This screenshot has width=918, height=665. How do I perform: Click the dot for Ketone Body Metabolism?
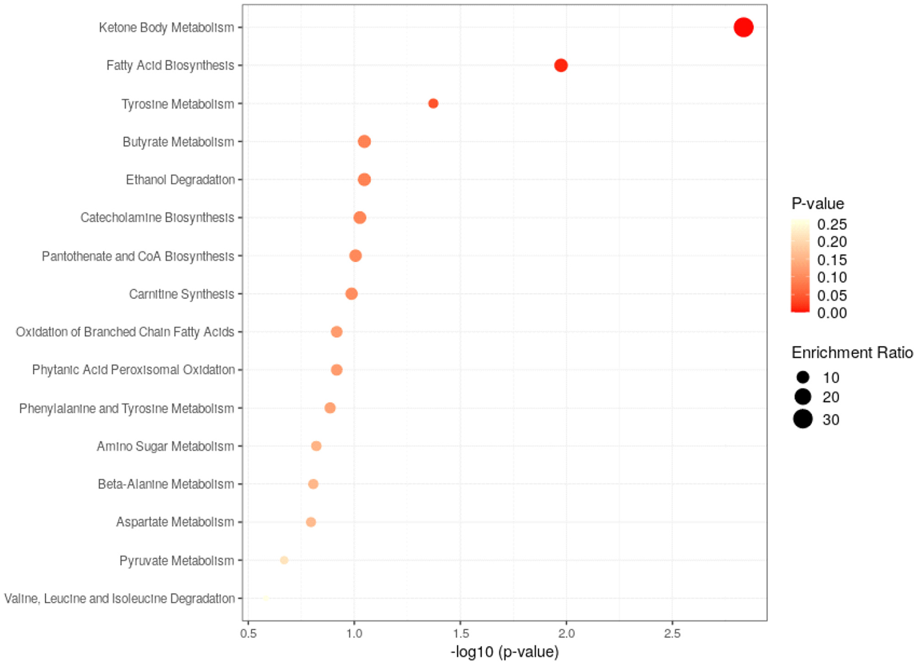pyautogui.click(x=743, y=27)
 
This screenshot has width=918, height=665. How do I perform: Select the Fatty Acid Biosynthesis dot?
pyautogui.click(x=561, y=65)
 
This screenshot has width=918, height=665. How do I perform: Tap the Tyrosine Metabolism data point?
pyautogui.click(x=433, y=104)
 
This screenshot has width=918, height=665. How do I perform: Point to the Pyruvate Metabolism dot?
pyautogui.click(x=284, y=560)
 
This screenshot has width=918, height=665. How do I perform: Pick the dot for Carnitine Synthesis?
pyautogui.click(x=351, y=294)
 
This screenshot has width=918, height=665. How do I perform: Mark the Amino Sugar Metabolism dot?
pyautogui.click(x=316, y=446)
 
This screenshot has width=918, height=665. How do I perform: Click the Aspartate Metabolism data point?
pyautogui.click(x=311, y=522)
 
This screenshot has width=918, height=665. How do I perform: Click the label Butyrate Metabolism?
pyautogui.click(x=178, y=142)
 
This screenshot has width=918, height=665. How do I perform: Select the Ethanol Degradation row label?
pyautogui.click(x=180, y=180)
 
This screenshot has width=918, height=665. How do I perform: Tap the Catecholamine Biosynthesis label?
pyautogui.click(x=157, y=218)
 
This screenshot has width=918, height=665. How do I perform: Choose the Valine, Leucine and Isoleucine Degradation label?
pyautogui.click(x=119, y=599)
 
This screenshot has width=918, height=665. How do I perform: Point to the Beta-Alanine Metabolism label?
pyautogui.click(x=166, y=484)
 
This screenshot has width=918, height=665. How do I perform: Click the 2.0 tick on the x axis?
pyautogui.click(x=566, y=633)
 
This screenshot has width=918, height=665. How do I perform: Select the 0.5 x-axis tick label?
pyautogui.click(x=248, y=633)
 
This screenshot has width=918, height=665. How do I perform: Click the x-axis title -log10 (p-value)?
pyautogui.click(x=505, y=652)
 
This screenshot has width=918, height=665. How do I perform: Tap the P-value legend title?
pyautogui.click(x=817, y=204)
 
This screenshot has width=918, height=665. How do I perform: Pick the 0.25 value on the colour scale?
pyautogui.click(x=831, y=224)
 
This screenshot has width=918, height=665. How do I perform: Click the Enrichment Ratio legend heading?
pyautogui.click(x=852, y=353)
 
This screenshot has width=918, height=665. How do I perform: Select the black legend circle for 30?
pyautogui.click(x=802, y=419)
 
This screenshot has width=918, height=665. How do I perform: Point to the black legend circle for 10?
pyautogui.click(x=802, y=377)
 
